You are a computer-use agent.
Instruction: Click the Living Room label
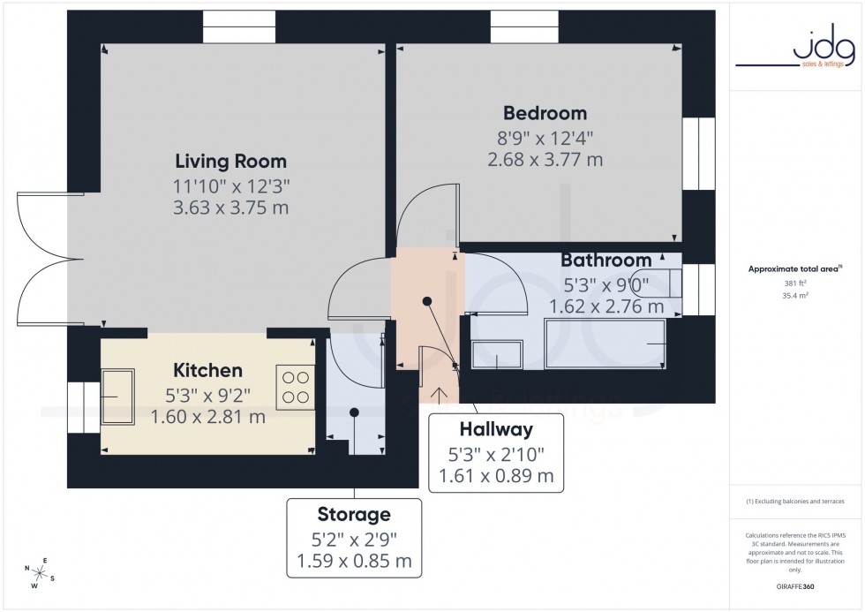230,162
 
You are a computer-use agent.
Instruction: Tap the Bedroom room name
545,113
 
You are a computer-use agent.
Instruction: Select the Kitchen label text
207,370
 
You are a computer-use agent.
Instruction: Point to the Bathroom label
606,261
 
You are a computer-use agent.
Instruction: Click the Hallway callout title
496,430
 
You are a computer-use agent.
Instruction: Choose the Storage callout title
354,514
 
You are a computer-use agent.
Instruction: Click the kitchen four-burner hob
296,387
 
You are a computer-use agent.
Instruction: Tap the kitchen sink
117,397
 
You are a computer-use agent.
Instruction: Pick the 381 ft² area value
796,283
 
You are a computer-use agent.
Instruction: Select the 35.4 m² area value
796,298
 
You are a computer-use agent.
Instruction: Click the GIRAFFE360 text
796,586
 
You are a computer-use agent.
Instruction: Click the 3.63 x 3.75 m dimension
231,208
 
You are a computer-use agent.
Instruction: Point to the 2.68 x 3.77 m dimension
545,160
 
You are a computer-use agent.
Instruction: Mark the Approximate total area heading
795,268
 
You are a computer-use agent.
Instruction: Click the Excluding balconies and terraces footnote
795,502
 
